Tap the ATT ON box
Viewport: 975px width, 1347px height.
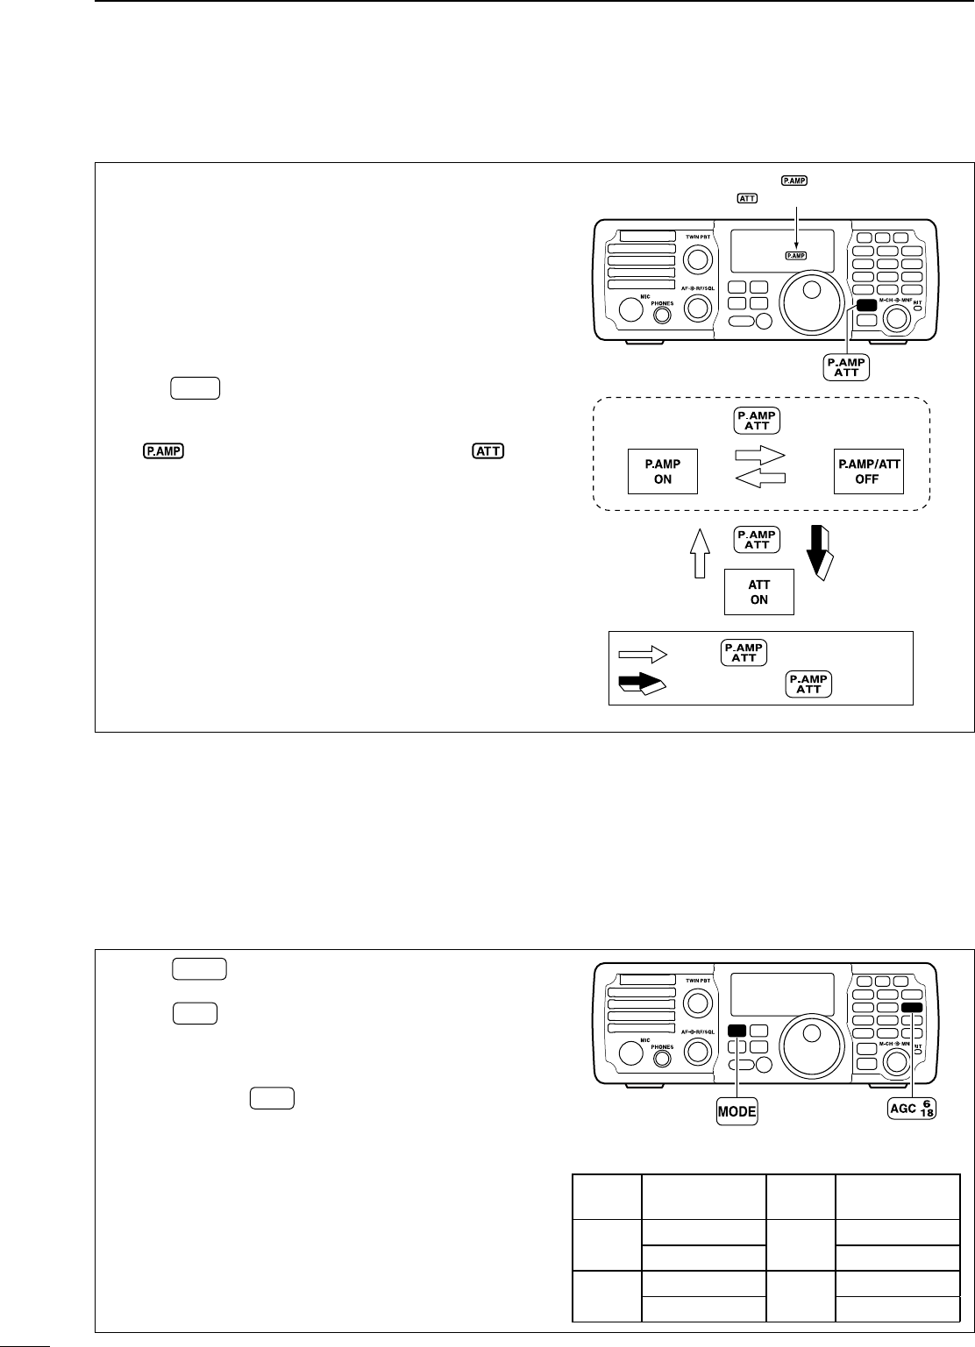[x=758, y=592]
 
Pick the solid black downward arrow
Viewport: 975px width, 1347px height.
[x=822, y=552]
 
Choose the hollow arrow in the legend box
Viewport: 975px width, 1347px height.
[x=643, y=653]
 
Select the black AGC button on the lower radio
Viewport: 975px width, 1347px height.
[x=912, y=1008]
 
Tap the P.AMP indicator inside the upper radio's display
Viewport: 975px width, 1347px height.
[x=796, y=254]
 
